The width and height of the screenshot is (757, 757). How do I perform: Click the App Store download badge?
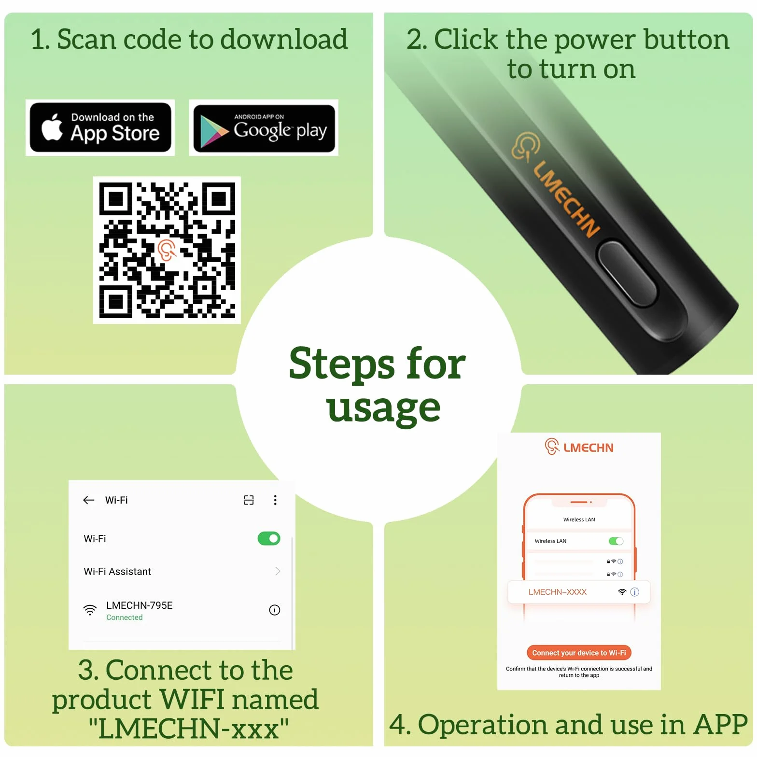[x=100, y=128]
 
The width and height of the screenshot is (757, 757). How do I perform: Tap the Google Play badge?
[x=264, y=128]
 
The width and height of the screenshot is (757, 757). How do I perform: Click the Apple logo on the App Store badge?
[x=52, y=128]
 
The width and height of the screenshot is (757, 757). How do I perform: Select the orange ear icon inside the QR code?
[x=167, y=250]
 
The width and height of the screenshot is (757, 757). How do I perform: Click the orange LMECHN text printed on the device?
[x=566, y=199]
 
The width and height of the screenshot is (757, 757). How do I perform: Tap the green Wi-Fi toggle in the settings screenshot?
[x=269, y=538]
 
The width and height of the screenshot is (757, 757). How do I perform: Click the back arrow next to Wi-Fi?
[x=89, y=500]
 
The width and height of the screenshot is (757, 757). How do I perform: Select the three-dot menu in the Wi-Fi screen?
[x=275, y=500]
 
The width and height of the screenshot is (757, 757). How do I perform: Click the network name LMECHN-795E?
[x=140, y=605]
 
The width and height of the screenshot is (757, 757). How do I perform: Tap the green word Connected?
[x=125, y=617]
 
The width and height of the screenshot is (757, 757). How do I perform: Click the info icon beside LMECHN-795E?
[x=275, y=610]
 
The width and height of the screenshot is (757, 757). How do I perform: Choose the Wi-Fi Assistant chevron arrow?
[x=278, y=571]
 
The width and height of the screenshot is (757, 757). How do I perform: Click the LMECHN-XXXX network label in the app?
[x=558, y=592]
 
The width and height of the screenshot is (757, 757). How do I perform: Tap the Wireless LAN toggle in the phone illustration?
[x=616, y=541]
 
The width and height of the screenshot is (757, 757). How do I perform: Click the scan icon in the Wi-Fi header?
[x=249, y=500]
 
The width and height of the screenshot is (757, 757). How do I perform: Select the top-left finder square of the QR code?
[x=116, y=198]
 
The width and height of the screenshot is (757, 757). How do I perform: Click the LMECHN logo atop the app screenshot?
[x=579, y=447]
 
